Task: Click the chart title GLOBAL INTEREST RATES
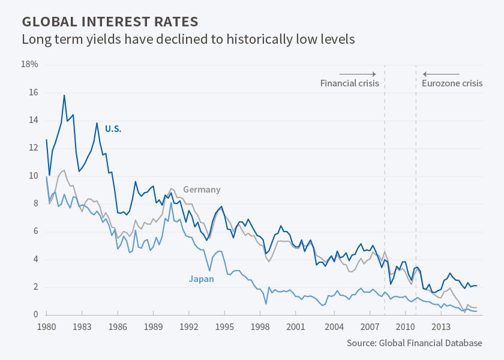[x=110, y=22]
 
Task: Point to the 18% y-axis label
[x=29, y=64]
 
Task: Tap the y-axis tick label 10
[x=32, y=176]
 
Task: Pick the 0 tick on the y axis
[x=35, y=314]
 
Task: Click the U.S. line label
[x=113, y=128]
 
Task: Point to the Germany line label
[x=202, y=190]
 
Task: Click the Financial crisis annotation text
[x=349, y=83]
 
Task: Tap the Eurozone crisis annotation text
[x=452, y=83]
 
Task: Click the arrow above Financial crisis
[x=358, y=73]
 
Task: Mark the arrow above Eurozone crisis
[x=442, y=73]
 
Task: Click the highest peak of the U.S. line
[x=64, y=95]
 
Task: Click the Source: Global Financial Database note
[x=414, y=343]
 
